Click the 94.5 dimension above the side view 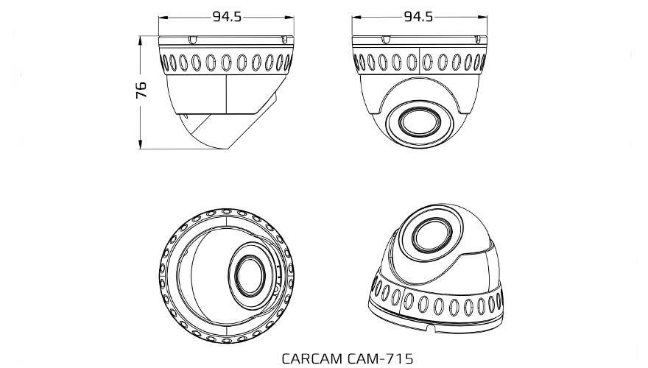(x=227, y=17)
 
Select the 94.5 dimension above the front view (x=418, y=17)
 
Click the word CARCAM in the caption (x=309, y=358)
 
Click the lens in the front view (x=419, y=121)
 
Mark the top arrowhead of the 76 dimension (x=141, y=38)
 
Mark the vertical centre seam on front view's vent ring (x=419, y=62)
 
